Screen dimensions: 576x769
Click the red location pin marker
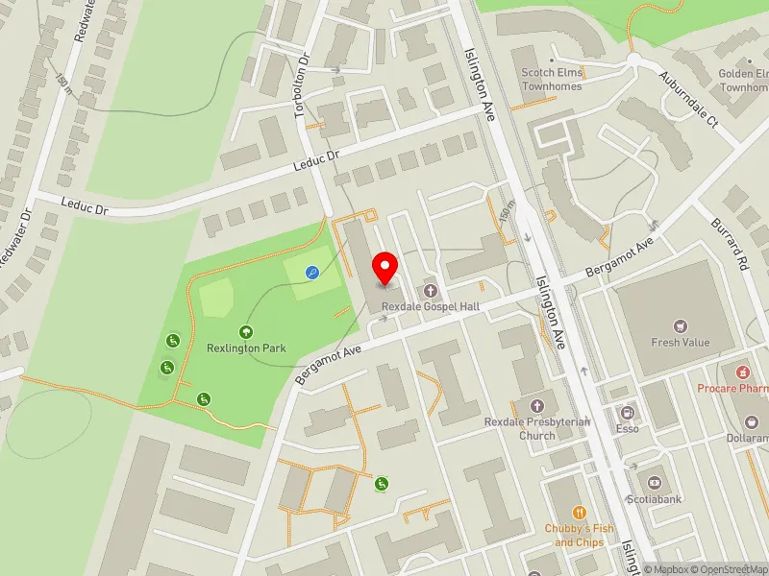[x=385, y=268]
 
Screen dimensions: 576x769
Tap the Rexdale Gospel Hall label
[x=430, y=306]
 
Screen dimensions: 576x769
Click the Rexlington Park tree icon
[x=247, y=332]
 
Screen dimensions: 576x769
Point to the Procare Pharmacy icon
[x=741, y=372]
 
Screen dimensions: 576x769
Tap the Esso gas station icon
[x=628, y=413]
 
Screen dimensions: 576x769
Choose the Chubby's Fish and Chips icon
[x=579, y=514]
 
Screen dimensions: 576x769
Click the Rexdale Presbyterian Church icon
[x=536, y=406]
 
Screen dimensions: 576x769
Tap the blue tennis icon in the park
[x=312, y=273]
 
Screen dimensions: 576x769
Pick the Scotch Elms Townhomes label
[x=552, y=79]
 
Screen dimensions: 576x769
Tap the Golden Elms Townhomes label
[x=746, y=80]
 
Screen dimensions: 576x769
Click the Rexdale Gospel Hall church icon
[x=430, y=290]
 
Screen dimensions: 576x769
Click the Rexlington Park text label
[x=247, y=348]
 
